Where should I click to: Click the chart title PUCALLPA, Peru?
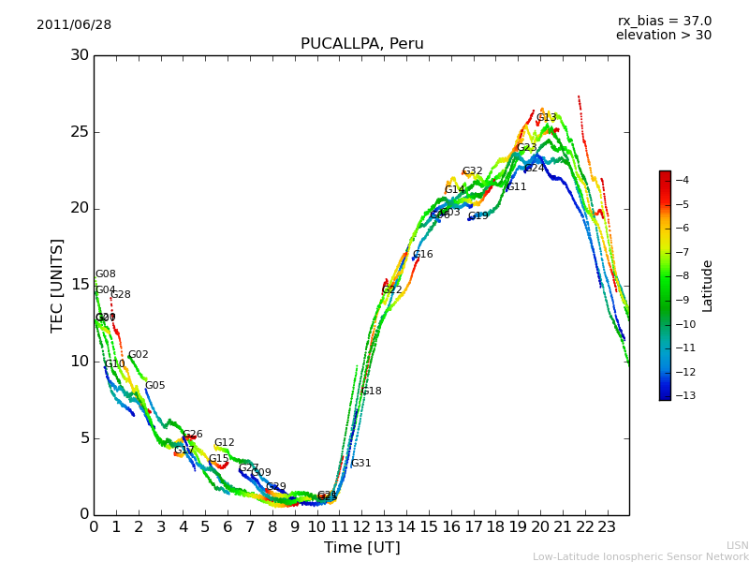(x=361, y=44)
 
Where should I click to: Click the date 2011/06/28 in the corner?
(x=74, y=25)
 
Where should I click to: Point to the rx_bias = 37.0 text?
(x=664, y=22)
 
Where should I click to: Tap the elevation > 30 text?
(x=663, y=36)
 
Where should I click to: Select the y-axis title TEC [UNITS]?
(x=58, y=285)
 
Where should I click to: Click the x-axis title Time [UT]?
(x=361, y=548)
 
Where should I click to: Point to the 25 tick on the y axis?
(x=80, y=132)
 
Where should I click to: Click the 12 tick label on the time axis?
(x=361, y=527)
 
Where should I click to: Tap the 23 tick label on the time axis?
(x=607, y=527)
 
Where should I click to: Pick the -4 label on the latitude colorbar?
(x=683, y=181)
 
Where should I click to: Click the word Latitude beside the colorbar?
(x=708, y=286)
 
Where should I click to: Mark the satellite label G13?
(x=546, y=118)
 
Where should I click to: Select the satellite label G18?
(x=371, y=392)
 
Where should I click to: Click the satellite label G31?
(x=360, y=464)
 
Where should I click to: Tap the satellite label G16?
(x=422, y=255)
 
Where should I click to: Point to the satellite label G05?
(x=154, y=386)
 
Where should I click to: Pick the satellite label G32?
(x=472, y=171)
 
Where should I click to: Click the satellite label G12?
(x=224, y=443)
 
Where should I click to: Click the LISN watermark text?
(x=737, y=545)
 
